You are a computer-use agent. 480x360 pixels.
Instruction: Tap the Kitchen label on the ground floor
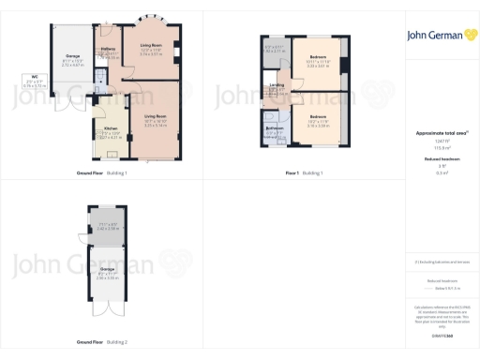[111, 128]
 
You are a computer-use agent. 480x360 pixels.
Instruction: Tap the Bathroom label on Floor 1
[275, 127]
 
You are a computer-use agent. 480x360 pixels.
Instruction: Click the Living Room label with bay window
[151, 44]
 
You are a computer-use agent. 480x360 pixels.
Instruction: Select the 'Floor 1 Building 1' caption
[304, 173]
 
